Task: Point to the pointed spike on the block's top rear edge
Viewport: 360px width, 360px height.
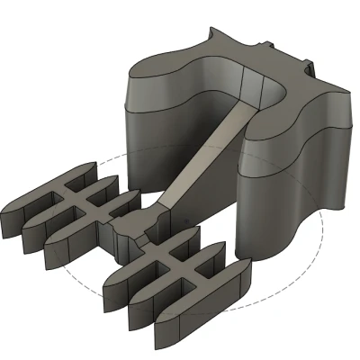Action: pyautogui.click(x=212, y=33)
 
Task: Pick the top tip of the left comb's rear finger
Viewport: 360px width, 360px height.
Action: pyautogui.click(x=90, y=166)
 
